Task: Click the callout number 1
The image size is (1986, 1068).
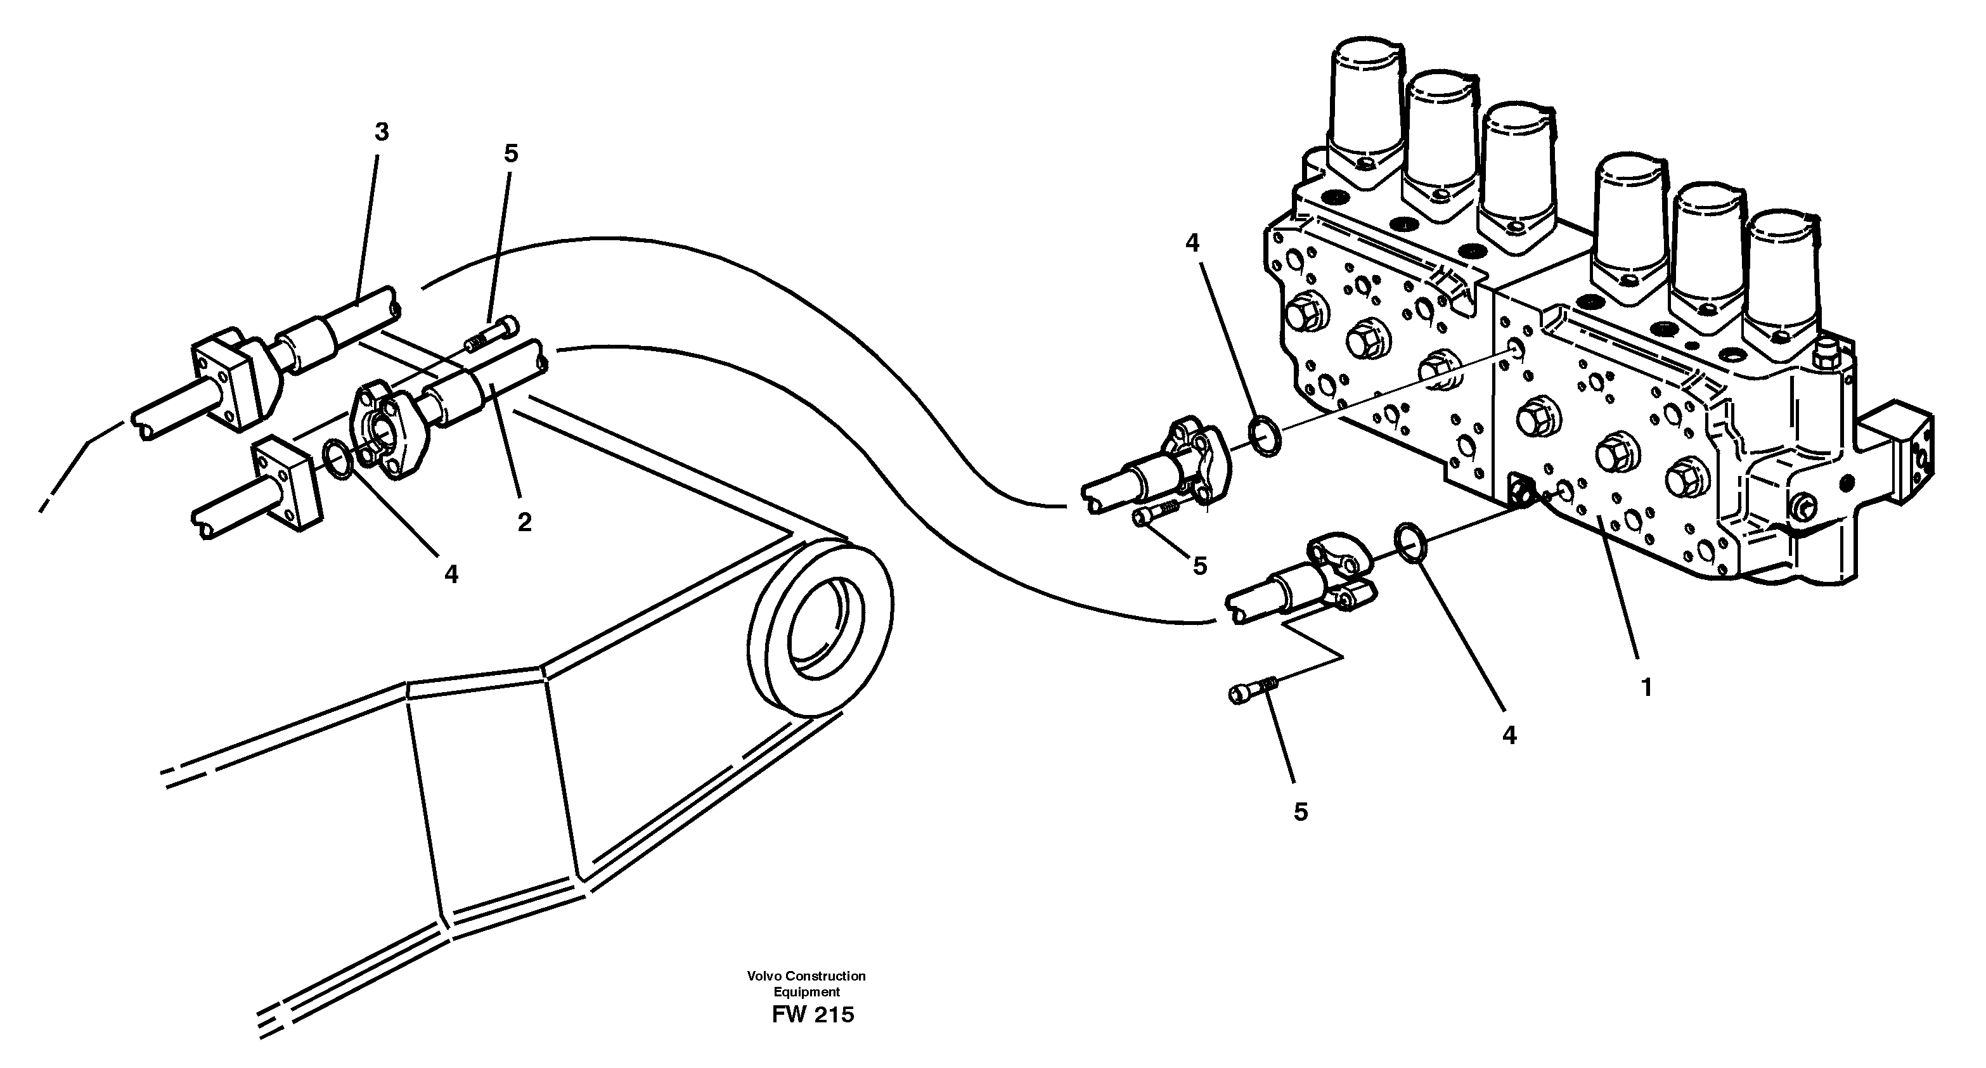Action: (1646, 687)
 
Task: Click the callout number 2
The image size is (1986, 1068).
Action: (524, 522)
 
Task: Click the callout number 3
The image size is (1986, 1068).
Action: (381, 132)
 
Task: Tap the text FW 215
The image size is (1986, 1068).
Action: (812, 1014)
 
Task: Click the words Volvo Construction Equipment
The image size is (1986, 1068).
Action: (806, 984)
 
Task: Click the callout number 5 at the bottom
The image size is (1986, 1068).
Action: (1301, 811)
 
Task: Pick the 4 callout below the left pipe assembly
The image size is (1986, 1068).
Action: (451, 574)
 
